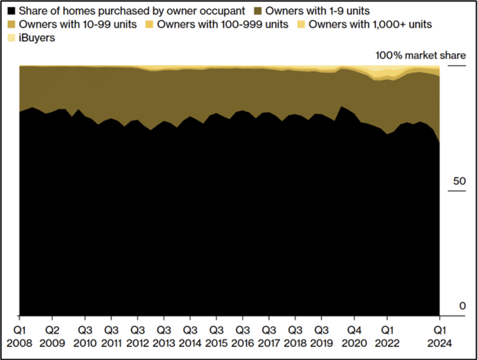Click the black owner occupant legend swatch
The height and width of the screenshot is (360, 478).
tap(11, 11)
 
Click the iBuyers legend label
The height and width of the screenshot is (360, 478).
tap(37, 38)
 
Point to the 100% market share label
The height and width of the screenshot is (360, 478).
tap(421, 55)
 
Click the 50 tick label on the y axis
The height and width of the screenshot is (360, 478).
tap(459, 181)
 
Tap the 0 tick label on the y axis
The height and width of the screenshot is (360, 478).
tap(462, 306)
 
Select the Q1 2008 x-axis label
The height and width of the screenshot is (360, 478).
tap(19, 337)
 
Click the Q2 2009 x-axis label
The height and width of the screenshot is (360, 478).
tap(52, 337)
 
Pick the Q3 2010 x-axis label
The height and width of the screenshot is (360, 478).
tap(85, 337)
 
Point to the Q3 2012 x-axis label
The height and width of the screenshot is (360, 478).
tap(137, 337)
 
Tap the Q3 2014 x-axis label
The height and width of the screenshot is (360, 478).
tap(190, 337)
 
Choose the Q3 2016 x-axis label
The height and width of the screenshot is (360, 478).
tap(243, 337)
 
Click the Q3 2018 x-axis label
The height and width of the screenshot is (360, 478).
tap(295, 337)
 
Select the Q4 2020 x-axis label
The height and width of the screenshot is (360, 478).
tap(354, 337)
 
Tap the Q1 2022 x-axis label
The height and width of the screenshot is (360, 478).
tap(387, 337)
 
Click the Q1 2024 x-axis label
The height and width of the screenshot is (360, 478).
tap(440, 337)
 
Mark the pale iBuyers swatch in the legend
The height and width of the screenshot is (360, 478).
tap(11, 38)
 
